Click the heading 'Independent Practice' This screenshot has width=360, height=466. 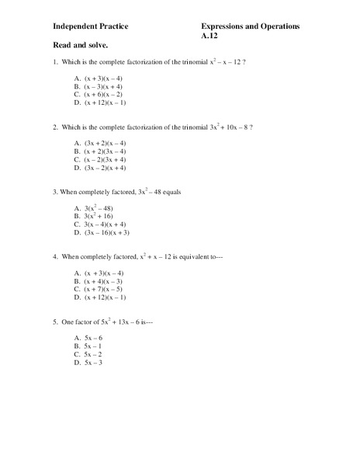(x=91, y=26)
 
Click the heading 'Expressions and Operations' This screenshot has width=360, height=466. (x=250, y=26)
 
